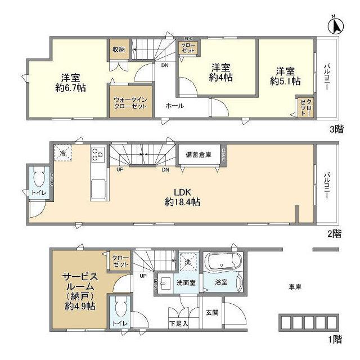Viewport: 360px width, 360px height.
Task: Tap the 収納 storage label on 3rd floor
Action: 118,49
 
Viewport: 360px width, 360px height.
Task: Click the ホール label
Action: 174,106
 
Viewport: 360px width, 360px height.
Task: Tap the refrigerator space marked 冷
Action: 63,152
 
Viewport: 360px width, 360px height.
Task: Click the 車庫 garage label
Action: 295,287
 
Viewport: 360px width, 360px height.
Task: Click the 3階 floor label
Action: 336,129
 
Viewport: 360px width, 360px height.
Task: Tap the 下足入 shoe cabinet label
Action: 178,323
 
